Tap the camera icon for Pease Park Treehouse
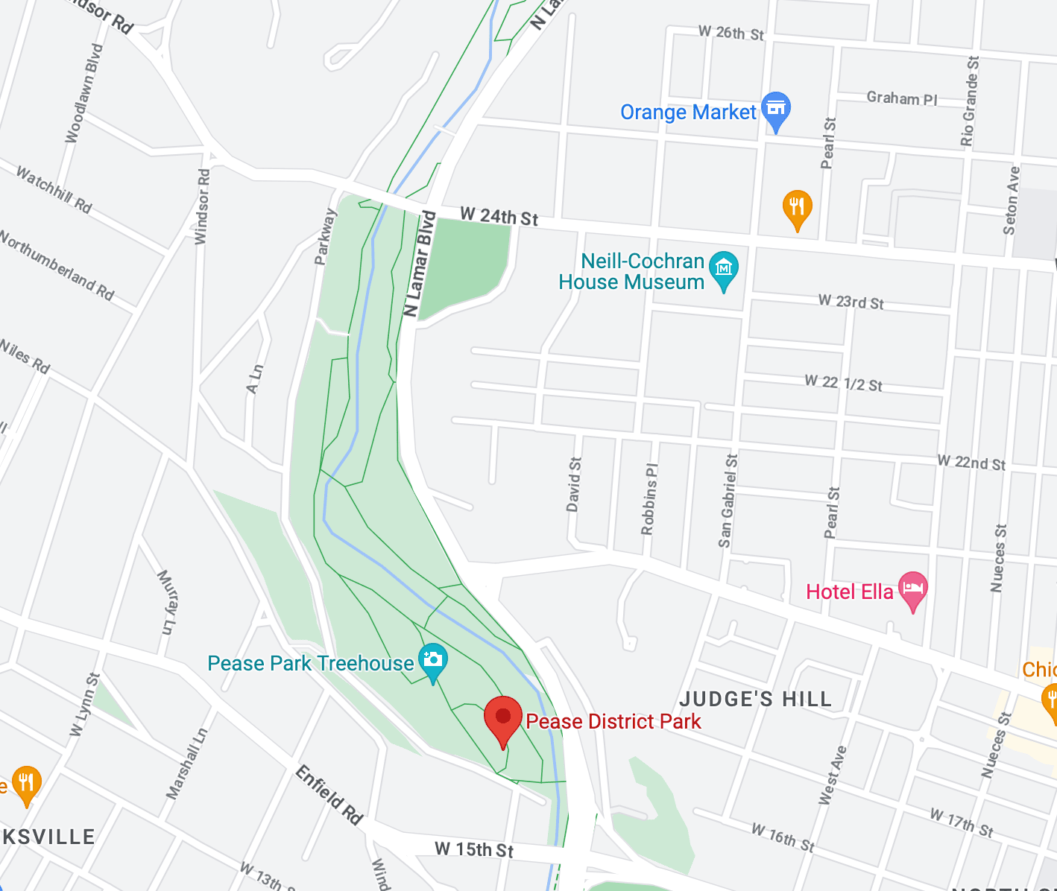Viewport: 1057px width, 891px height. [432, 661]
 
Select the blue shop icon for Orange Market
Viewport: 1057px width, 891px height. [776, 110]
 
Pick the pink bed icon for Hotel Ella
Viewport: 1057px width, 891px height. [912, 589]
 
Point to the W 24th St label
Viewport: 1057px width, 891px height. [499, 217]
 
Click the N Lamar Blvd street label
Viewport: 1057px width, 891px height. [419, 264]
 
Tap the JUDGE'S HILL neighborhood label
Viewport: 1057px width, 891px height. [755, 699]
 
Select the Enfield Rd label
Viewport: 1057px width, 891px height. [329, 795]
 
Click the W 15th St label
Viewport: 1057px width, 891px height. [474, 849]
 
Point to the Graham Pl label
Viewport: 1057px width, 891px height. [902, 98]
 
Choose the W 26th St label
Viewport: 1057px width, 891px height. [731, 34]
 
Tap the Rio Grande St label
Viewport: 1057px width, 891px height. [969, 101]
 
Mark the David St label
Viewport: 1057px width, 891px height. [573, 484]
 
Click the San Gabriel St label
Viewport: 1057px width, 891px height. [728, 501]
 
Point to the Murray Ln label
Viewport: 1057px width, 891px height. [168, 602]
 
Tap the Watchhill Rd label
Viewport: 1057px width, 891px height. [54, 190]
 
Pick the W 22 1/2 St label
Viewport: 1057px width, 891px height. [843, 383]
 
